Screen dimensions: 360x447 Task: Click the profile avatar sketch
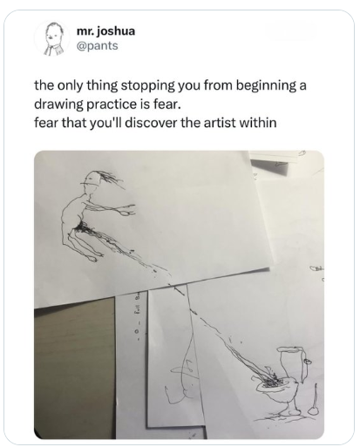(52, 39)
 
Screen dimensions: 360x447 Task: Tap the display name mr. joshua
(106, 30)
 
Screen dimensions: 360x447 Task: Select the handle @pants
(97, 45)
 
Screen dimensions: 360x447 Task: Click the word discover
(151, 123)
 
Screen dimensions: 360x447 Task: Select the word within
(258, 123)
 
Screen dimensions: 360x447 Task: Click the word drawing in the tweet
(58, 105)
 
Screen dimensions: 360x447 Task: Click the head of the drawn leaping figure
(92, 179)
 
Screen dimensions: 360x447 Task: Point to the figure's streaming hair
(112, 178)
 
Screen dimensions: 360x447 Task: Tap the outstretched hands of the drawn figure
(127, 211)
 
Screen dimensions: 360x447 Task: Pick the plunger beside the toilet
(314, 401)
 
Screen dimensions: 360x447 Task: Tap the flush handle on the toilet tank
(307, 361)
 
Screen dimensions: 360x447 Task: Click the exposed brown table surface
(75, 366)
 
